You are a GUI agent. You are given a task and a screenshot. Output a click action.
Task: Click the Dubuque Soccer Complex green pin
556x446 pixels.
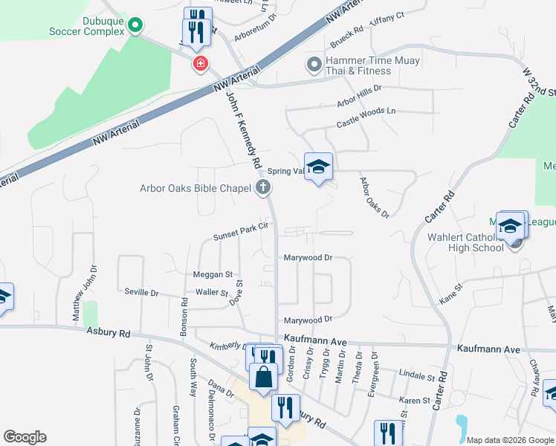(x=135, y=26)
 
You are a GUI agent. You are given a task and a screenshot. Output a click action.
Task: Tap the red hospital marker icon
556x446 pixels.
(x=200, y=64)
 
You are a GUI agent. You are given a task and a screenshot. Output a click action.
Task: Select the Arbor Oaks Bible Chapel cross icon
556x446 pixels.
(x=262, y=188)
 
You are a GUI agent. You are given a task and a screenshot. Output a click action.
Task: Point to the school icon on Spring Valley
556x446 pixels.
(x=318, y=167)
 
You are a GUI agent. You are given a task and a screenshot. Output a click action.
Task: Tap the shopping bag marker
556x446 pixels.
(x=263, y=378)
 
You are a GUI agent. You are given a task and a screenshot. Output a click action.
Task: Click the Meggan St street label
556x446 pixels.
(x=213, y=274)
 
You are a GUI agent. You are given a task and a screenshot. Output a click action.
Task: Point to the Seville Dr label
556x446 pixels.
(x=141, y=293)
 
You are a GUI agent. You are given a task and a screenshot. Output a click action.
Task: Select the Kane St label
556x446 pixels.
(x=451, y=292)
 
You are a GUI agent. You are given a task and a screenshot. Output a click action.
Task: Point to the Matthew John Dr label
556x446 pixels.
(x=84, y=294)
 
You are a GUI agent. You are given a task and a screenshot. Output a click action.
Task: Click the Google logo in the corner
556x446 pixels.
(x=25, y=436)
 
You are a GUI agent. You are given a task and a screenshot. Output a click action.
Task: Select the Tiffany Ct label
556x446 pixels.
(x=387, y=16)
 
